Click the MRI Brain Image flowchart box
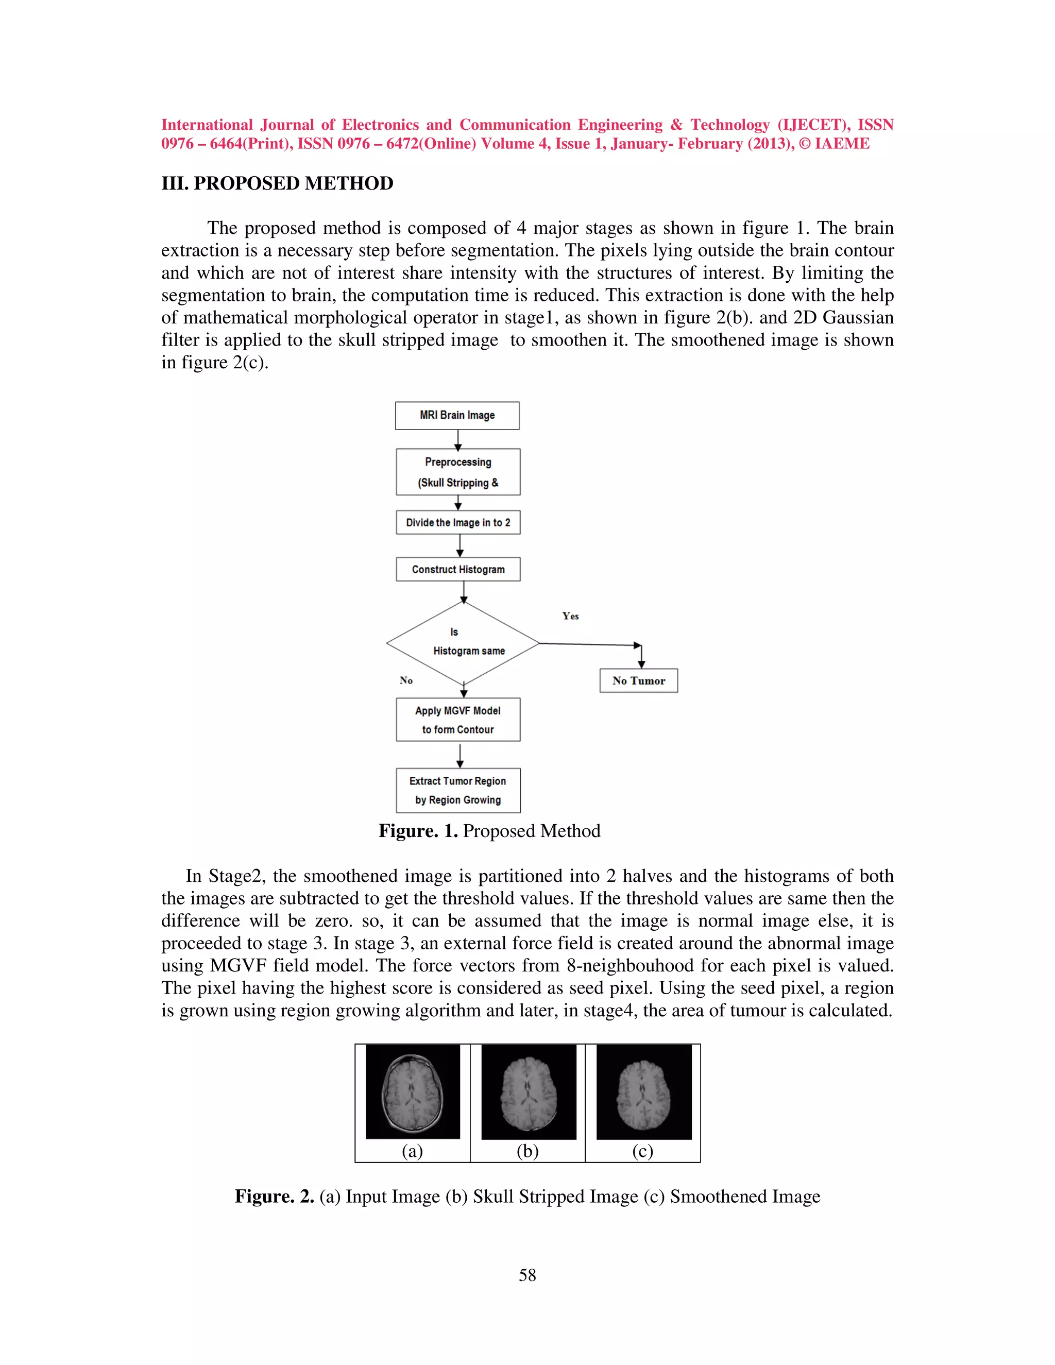[x=457, y=416]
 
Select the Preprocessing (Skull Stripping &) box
[x=458, y=472]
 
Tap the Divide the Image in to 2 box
[x=458, y=522]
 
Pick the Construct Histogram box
[x=458, y=569]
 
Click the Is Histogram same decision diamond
[x=463, y=643]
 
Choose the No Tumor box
[x=638, y=680]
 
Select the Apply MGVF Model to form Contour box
[x=458, y=720]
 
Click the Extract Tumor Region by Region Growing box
[x=458, y=791]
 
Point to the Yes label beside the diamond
[x=570, y=616]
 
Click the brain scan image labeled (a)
[x=413, y=1092]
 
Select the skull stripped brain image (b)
[x=529, y=1092]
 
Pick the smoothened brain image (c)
[x=644, y=1092]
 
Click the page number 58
[x=527, y=1275]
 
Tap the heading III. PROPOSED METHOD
[x=278, y=183]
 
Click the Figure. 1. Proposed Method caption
[x=489, y=831]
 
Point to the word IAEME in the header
[x=842, y=144]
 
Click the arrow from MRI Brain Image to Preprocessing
[x=458, y=439]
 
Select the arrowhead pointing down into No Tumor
[x=641, y=664]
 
